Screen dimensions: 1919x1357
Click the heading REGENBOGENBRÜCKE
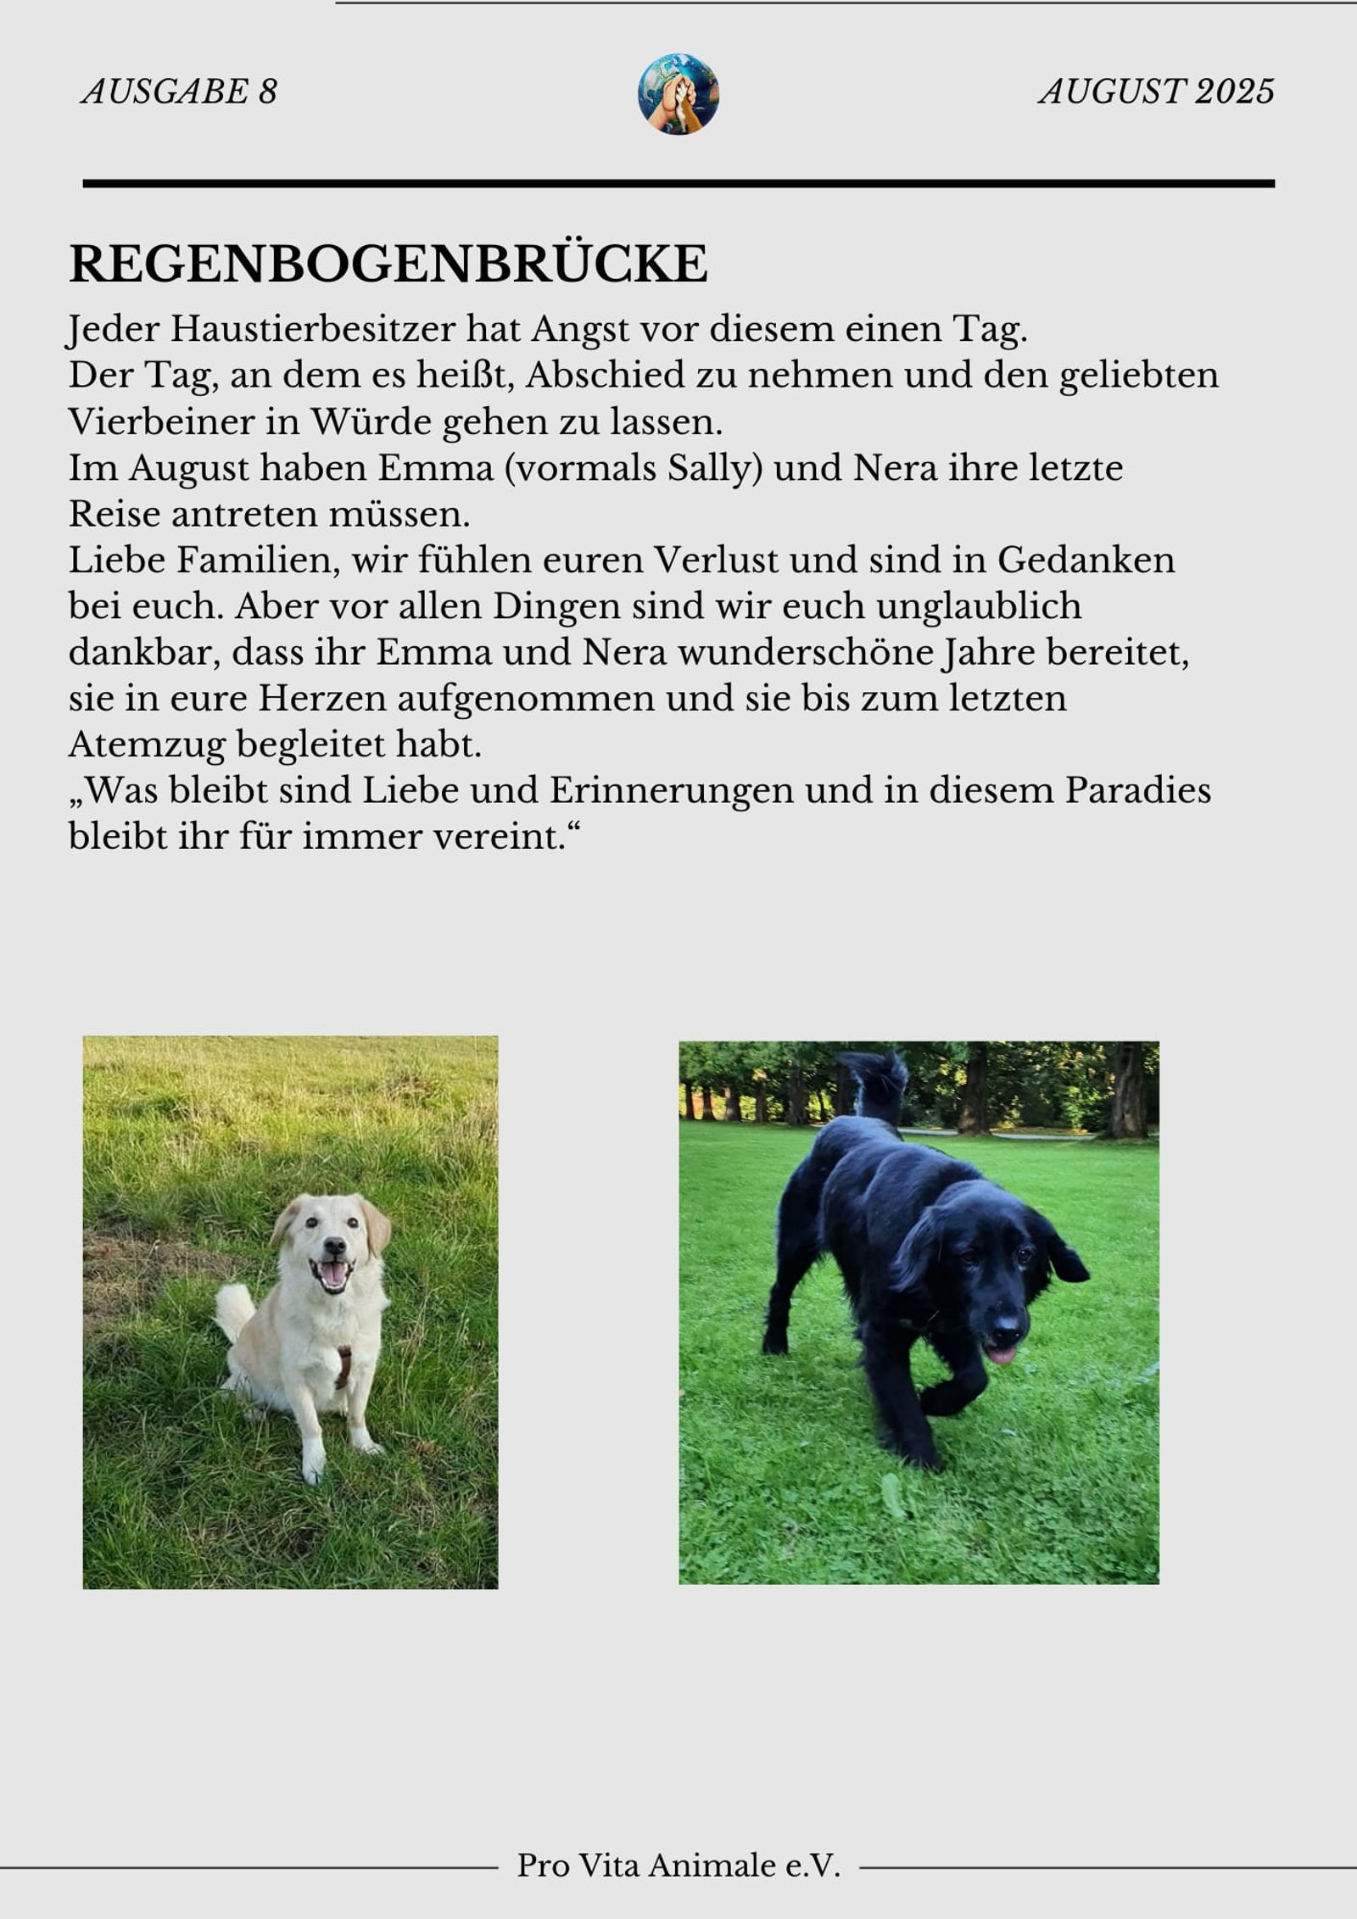click(388, 264)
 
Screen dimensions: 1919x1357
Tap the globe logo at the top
click(678, 93)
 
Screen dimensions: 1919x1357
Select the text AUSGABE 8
click(179, 92)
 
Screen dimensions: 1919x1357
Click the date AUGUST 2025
click(1156, 92)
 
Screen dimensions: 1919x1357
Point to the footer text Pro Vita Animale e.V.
click(678, 1865)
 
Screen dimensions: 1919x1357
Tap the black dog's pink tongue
click(1002, 1354)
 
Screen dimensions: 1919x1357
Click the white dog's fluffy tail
click(232, 1309)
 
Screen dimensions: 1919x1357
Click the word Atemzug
click(147, 745)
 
